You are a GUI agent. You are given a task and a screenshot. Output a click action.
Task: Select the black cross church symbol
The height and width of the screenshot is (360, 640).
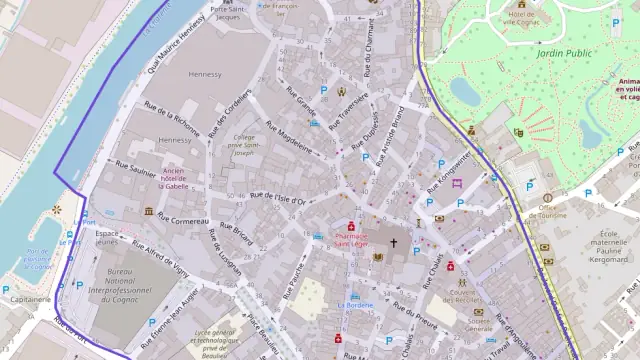tap(393, 242)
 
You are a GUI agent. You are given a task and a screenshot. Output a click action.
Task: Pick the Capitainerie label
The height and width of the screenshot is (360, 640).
tap(30, 298)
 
